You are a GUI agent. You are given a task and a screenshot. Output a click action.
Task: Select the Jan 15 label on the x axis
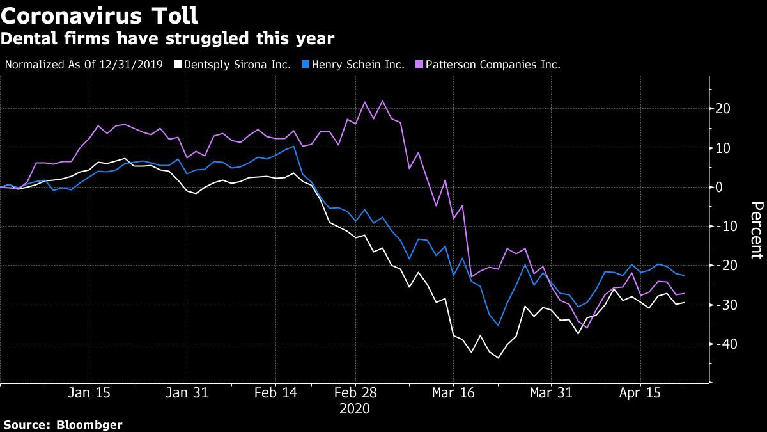[x=89, y=393]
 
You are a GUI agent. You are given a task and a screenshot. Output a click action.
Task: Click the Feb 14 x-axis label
[x=276, y=393]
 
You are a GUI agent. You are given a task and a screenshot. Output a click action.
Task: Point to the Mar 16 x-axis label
[x=453, y=393]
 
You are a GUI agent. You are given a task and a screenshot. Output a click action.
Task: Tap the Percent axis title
[x=757, y=230]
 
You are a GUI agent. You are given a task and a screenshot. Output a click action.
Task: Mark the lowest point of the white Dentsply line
[x=498, y=358]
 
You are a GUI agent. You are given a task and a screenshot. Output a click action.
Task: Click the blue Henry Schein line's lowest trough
[x=498, y=325]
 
